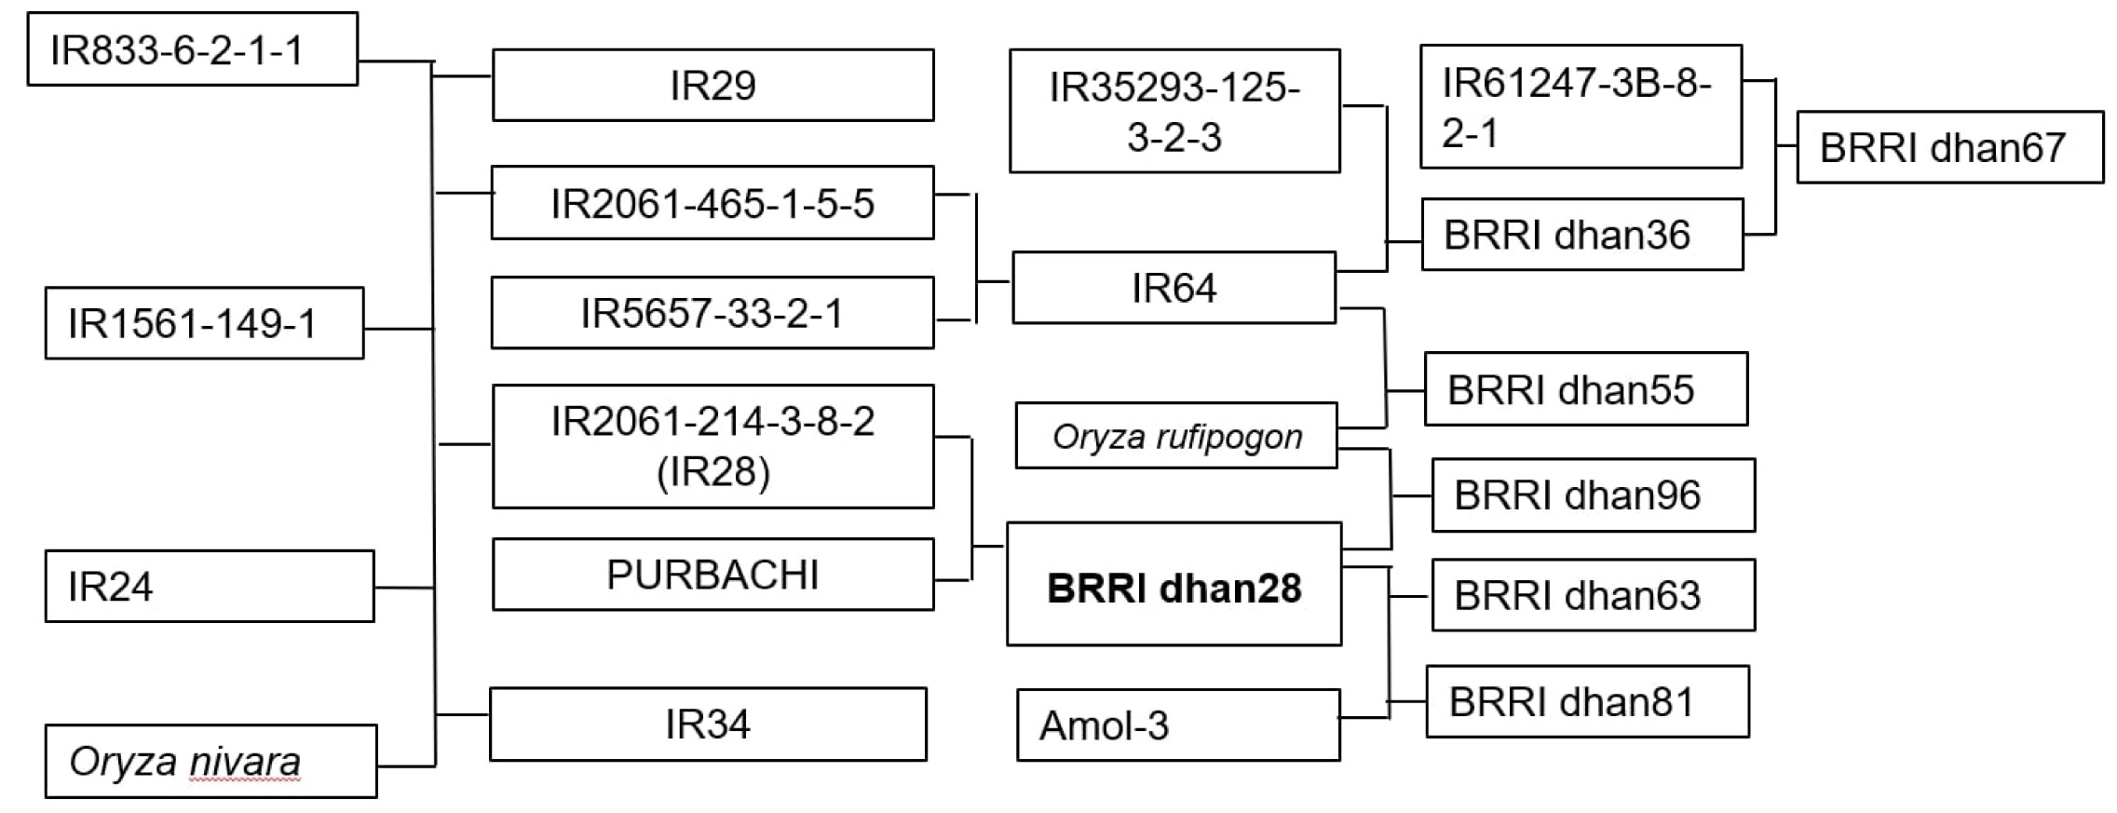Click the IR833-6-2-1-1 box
tap(192, 48)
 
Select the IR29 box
tap(712, 85)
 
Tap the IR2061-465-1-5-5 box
tap(712, 202)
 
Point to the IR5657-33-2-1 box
tap(712, 312)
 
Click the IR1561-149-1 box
tap(204, 323)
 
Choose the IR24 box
tap(210, 586)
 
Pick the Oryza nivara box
tap(210, 761)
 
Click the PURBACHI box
tap(712, 574)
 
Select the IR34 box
tap(708, 724)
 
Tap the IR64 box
tap(1174, 287)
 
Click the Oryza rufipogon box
tap(1176, 435)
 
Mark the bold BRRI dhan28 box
tap(1174, 584)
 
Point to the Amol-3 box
tap(1178, 725)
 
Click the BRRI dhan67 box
tap(1949, 147)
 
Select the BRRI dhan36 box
tap(1582, 234)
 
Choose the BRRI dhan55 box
tap(1586, 388)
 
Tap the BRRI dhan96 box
tap(1594, 495)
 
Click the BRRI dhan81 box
tap(1587, 701)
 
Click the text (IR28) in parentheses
tap(712, 471)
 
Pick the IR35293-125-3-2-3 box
tap(1174, 111)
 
